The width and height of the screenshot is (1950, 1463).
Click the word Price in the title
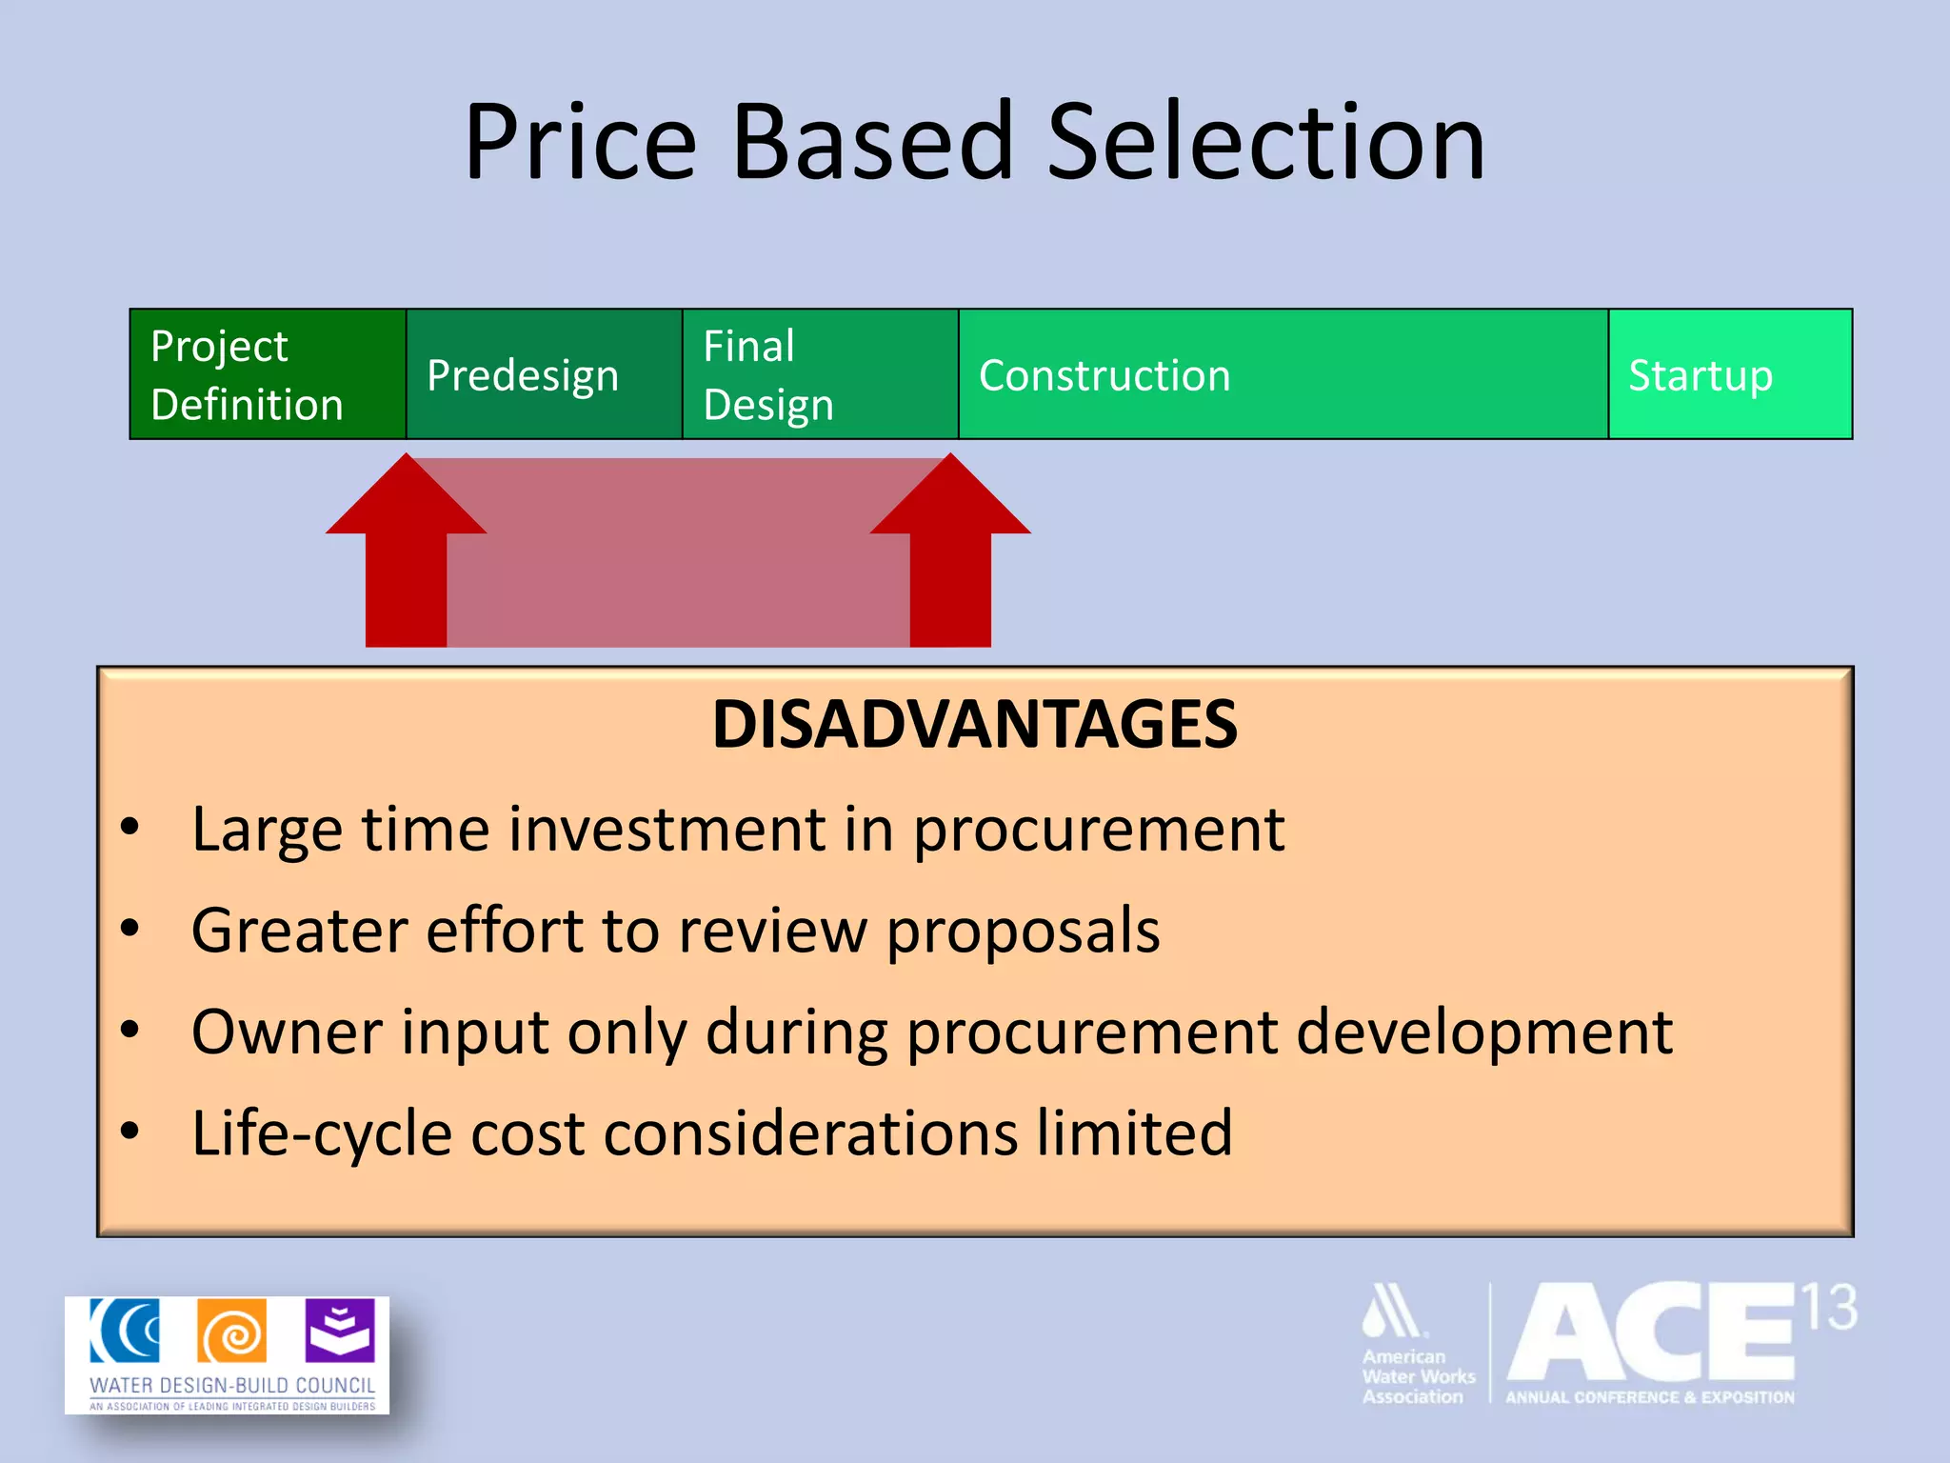pyautogui.click(x=581, y=143)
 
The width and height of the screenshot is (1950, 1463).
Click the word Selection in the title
pyautogui.click(x=1265, y=143)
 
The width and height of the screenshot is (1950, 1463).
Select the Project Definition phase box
pyautogui.click(x=268, y=374)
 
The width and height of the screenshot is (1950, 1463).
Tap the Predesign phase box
pyautogui.click(x=544, y=374)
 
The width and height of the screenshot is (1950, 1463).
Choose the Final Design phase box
pyautogui.click(x=820, y=374)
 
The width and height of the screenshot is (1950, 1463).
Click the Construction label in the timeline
pyautogui.click(x=1104, y=375)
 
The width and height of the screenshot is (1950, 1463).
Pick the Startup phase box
pyautogui.click(x=1729, y=374)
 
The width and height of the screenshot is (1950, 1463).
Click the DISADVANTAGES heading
pyautogui.click(x=975, y=725)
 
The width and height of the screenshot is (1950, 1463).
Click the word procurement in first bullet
pyautogui.click(x=1099, y=831)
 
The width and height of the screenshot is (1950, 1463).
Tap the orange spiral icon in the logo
pyautogui.click(x=232, y=1332)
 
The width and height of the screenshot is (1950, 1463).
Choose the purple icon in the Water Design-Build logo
pyautogui.click(x=340, y=1331)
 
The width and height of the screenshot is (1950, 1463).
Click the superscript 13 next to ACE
pyautogui.click(x=1829, y=1308)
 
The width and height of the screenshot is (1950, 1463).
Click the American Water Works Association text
pyautogui.click(x=1417, y=1376)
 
